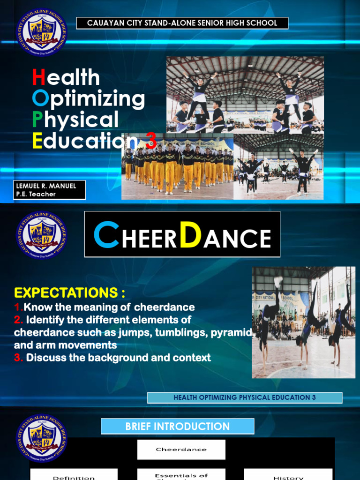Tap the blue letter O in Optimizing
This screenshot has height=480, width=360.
pyautogui.click(x=40, y=98)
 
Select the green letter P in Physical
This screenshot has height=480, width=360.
pyautogui.click(x=38, y=120)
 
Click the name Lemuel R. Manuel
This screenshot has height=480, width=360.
pyautogui.click(x=46, y=186)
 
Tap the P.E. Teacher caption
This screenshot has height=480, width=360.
pyautogui.click(x=36, y=194)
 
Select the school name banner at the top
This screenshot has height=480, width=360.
pyautogui.click(x=182, y=23)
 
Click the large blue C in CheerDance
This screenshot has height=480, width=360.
pyautogui.click(x=106, y=236)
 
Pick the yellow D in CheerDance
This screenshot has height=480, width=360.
pyautogui.click(x=191, y=236)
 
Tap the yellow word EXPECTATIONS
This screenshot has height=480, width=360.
pyautogui.click(x=69, y=293)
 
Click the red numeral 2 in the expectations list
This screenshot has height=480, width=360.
pyautogui.click(x=18, y=320)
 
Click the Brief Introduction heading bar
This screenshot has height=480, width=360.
pyautogui.click(x=177, y=427)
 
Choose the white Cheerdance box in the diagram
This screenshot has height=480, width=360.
pyautogui.click(x=181, y=450)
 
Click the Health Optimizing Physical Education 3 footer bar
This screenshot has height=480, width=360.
pyautogui.click(x=245, y=397)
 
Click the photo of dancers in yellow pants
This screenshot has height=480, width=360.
pyautogui.click(x=178, y=168)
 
